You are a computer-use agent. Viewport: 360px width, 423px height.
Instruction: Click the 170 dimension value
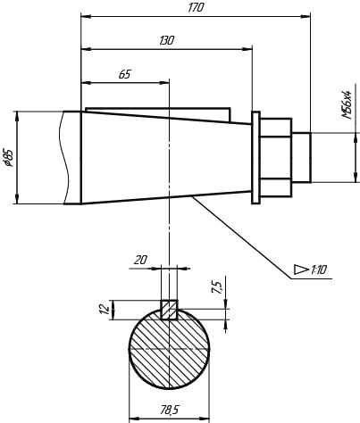click(x=196, y=8)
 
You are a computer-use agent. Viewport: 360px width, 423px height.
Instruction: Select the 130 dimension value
click(x=167, y=40)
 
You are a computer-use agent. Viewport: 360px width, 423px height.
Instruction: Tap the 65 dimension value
click(x=125, y=74)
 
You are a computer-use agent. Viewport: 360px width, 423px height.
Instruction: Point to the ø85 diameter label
click(x=9, y=157)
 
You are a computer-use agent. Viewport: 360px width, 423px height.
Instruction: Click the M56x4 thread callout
click(x=347, y=104)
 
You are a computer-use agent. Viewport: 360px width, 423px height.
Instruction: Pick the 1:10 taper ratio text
click(x=319, y=270)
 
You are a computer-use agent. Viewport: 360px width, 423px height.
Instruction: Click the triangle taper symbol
click(x=301, y=270)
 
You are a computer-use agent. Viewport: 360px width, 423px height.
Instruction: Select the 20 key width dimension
click(x=140, y=260)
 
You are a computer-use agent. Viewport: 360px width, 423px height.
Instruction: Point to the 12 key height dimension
click(x=104, y=309)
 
